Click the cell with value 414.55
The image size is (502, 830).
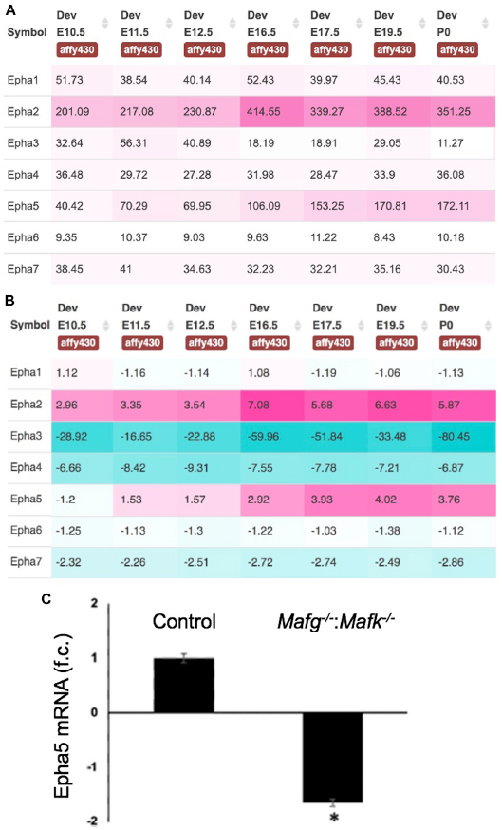pos(272,112)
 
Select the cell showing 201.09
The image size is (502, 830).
pos(82,112)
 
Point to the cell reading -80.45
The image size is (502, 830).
pos(464,437)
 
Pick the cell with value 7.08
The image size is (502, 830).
pos(272,405)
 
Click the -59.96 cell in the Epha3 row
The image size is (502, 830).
pos(272,437)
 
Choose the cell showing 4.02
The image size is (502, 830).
pos(400,500)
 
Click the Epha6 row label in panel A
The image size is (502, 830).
pos(23,237)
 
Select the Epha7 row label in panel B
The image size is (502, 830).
pos(26,561)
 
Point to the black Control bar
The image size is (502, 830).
pos(183,686)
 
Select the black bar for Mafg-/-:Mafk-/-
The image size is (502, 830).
pos(333,758)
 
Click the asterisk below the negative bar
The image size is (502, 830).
pos(334,818)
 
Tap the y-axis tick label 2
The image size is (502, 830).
pos(95,603)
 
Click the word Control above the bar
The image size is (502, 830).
pos(184,621)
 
